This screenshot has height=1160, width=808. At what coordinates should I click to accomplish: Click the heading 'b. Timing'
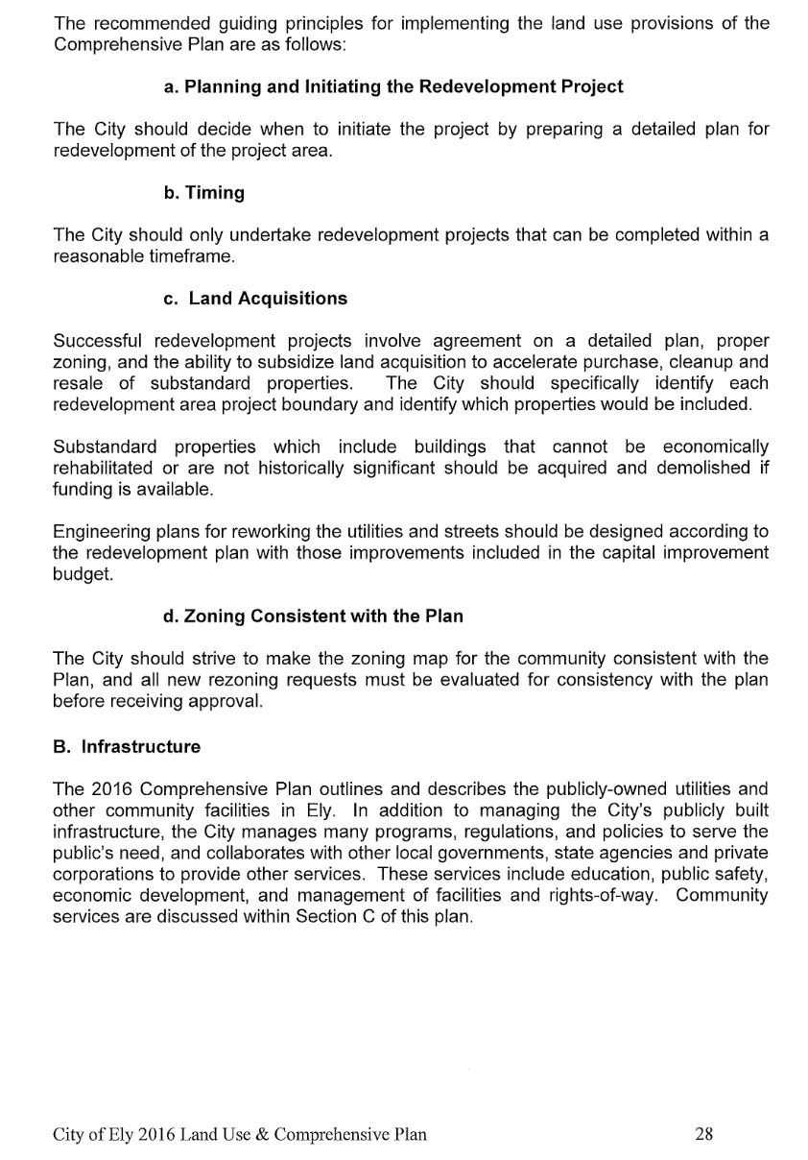(x=203, y=193)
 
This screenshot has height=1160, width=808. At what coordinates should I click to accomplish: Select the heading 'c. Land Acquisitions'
(x=255, y=299)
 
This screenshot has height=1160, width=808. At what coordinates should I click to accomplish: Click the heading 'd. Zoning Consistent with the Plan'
(x=313, y=616)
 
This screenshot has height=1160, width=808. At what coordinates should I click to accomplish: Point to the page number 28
(x=703, y=1134)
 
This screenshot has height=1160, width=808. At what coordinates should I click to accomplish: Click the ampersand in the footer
(x=260, y=1134)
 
